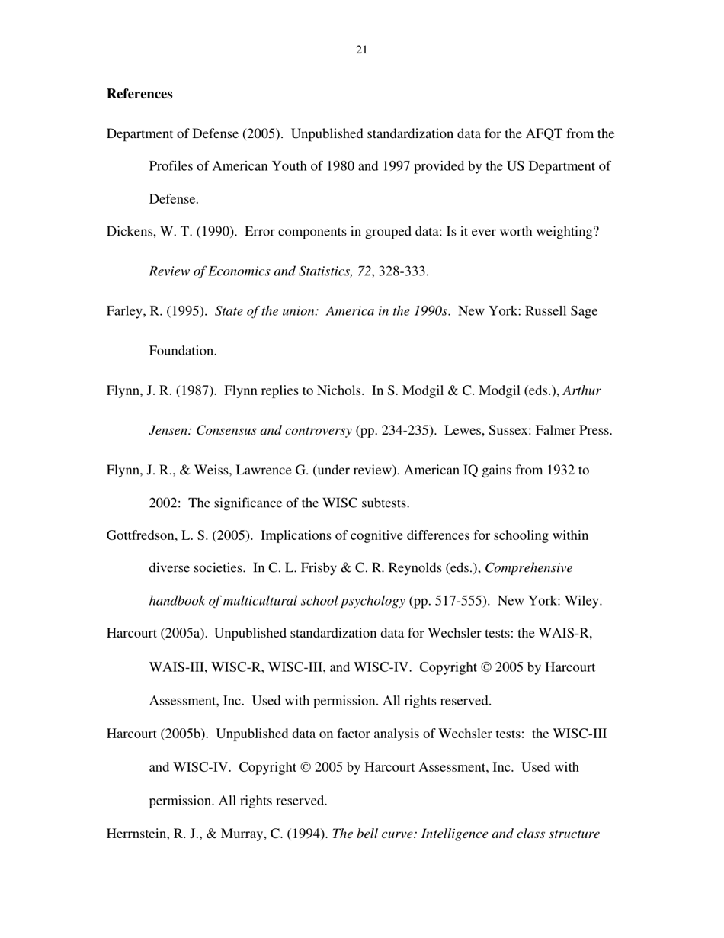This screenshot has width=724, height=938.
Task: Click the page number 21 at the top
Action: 361,50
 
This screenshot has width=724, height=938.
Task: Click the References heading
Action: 139,94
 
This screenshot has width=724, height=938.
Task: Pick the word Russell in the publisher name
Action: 546,311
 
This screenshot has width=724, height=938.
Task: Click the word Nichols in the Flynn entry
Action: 339,391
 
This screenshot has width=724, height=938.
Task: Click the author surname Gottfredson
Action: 142,536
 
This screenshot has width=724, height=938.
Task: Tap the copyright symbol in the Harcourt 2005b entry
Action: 306,768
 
